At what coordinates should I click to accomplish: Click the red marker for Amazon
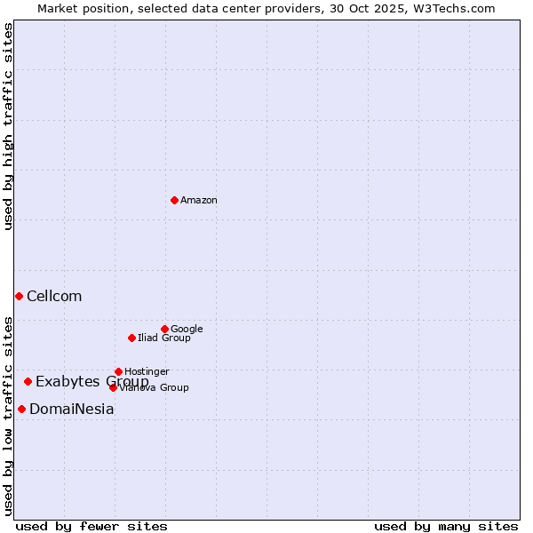point(174,200)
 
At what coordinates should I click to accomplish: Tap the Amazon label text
point(199,201)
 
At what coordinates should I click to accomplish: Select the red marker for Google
point(164,329)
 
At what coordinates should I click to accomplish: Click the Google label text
point(187,330)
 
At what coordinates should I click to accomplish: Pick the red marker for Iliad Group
point(131,338)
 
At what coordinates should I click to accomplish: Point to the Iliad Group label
point(164,338)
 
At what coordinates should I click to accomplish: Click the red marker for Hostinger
point(118,371)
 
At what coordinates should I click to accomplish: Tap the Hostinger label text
point(147,372)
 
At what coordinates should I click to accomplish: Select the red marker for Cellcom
point(19,296)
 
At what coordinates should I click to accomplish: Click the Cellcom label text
point(54,297)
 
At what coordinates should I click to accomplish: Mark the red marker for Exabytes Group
point(28,381)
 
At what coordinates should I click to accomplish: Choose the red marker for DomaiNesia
point(21,409)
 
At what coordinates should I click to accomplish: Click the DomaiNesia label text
point(72,410)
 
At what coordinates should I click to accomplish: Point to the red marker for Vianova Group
point(113,387)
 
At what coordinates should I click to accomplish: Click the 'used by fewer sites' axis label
point(91,526)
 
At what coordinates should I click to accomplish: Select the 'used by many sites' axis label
point(446,526)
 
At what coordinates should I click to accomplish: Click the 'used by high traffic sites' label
point(9,126)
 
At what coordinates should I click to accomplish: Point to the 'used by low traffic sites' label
point(9,415)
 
